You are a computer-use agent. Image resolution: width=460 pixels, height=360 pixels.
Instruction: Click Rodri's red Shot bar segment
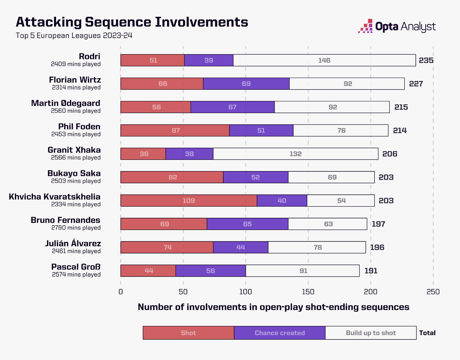pos(152,60)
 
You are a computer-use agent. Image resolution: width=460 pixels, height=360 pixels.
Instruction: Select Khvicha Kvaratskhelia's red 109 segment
pos(189,200)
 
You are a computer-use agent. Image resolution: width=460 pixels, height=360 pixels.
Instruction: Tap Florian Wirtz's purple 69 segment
pos(246,84)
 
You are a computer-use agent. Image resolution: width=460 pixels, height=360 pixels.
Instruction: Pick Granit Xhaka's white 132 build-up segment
pos(295,154)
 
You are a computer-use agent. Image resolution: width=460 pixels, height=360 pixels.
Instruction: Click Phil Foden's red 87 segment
pos(175,130)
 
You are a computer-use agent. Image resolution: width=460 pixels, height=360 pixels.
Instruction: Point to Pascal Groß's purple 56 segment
pos(211,271)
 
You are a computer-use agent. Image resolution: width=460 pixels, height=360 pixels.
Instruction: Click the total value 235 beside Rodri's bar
pos(426,60)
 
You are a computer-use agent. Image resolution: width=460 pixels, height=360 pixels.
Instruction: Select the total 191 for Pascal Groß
pos(371,271)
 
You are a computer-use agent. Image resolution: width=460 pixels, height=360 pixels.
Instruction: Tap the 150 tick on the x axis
pos(308,292)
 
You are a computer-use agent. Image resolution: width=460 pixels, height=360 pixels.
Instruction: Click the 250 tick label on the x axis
pos(433,292)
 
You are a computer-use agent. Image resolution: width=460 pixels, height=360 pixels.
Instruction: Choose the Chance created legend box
pos(280,333)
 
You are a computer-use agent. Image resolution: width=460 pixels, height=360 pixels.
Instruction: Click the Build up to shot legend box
pos(371,333)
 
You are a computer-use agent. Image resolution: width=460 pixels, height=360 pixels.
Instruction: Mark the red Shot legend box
pos(188,333)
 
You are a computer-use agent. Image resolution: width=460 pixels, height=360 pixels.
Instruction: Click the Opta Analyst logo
pos(397,27)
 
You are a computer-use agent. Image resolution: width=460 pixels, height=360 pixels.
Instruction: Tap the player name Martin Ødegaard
pos(66,103)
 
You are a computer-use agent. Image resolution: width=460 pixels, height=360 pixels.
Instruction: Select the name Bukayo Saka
pos(74,173)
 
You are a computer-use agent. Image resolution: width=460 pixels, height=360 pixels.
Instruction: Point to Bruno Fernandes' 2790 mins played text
pos(76,228)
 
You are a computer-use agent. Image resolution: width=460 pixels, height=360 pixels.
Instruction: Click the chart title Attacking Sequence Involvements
pos(132,22)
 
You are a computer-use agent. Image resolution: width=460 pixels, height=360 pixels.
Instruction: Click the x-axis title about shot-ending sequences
pos(273,307)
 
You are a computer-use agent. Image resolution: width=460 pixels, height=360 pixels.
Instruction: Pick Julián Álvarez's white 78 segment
pos(317,247)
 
